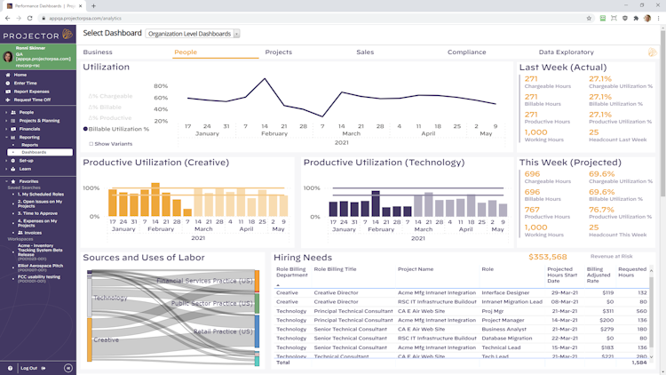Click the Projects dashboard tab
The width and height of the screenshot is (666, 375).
[278, 52]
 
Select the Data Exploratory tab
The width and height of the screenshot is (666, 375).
[566, 52]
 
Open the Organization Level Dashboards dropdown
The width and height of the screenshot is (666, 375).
[193, 34]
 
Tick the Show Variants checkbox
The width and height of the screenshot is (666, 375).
[91, 143]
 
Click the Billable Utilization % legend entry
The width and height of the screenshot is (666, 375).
[119, 129]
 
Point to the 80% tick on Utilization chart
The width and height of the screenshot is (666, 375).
[161, 86]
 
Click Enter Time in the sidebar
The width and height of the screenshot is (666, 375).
[26, 83]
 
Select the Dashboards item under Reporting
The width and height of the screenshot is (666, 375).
[34, 152]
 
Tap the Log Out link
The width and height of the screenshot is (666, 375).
[28, 367]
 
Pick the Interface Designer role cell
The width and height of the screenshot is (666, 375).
[504, 291]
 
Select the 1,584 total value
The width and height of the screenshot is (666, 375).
[638, 362]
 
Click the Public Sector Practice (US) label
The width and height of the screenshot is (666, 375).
[210, 303]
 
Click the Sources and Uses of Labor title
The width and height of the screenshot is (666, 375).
[144, 258]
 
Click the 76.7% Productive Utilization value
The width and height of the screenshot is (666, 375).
[601, 210]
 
